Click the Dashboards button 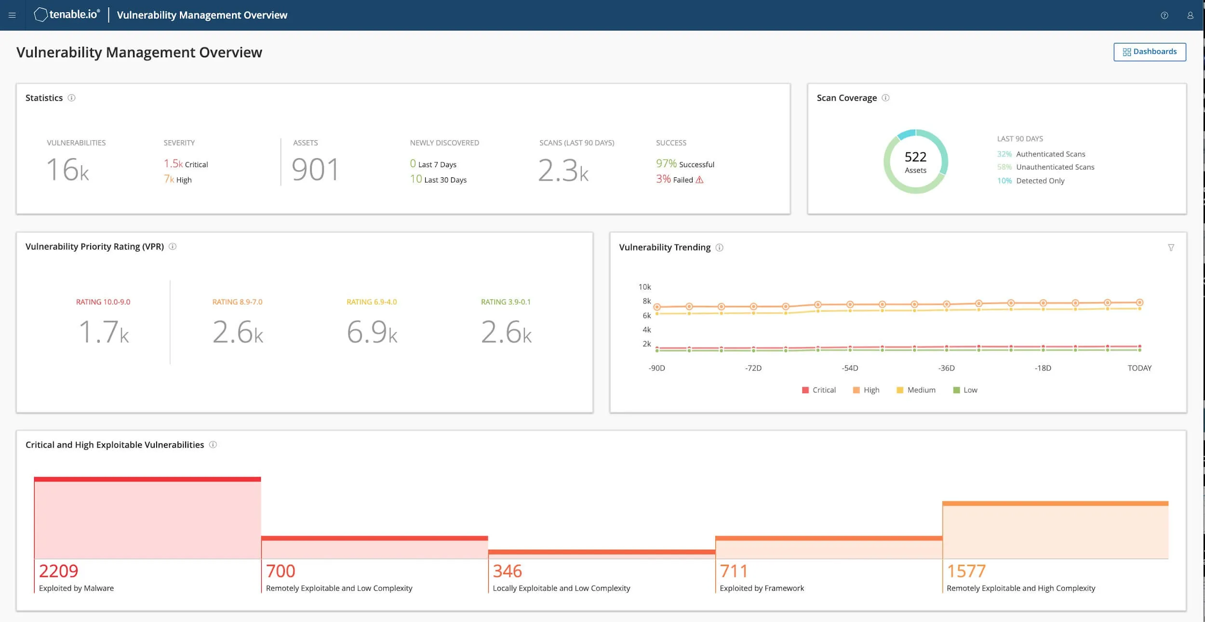[1150, 52]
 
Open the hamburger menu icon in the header [13, 15]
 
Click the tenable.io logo [67, 15]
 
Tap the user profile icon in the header [1190, 15]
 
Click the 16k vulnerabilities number [68, 170]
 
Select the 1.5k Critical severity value [186, 164]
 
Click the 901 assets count [315, 170]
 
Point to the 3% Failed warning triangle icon [699, 180]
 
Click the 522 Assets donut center [915, 162]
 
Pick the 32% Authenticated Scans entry [1041, 154]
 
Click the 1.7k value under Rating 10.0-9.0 [104, 332]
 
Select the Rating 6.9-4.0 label [372, 302]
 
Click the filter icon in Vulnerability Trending [1171, 248]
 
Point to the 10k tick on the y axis [644, 287]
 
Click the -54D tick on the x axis [850, 368]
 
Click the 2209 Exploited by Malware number [58, 571]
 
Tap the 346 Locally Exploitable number [507, 571]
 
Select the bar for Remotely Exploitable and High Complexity [1055, 530]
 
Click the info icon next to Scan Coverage [885, 98]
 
